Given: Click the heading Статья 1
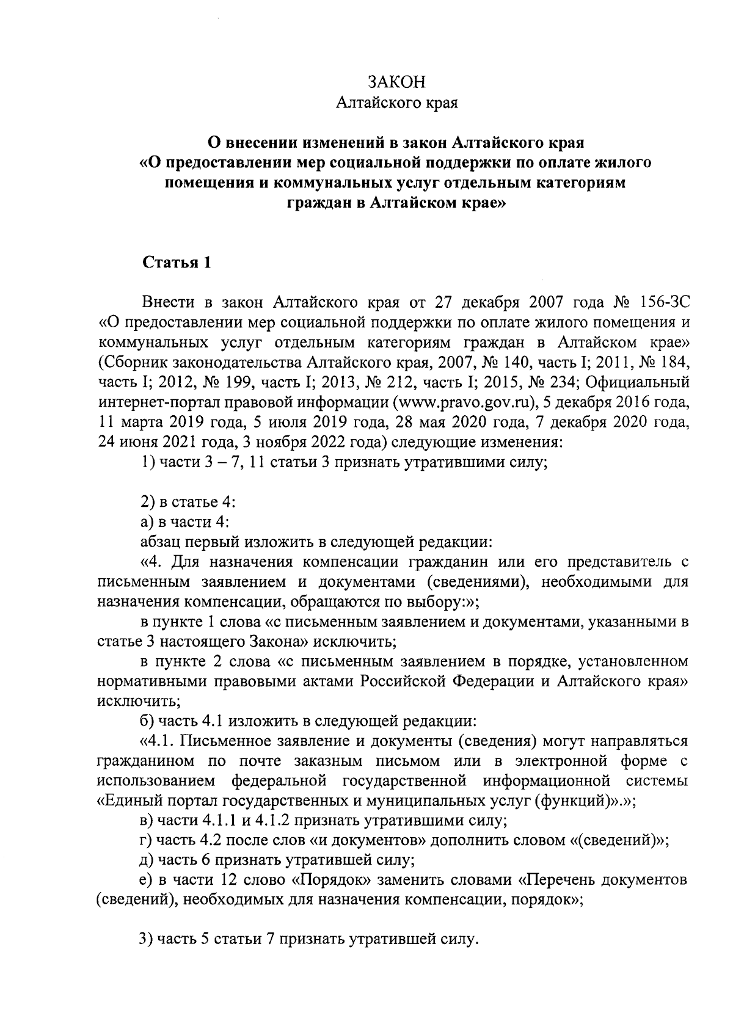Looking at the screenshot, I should point(177,263).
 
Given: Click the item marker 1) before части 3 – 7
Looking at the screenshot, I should point(148,463).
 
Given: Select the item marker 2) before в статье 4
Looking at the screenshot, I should point(148,503).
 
